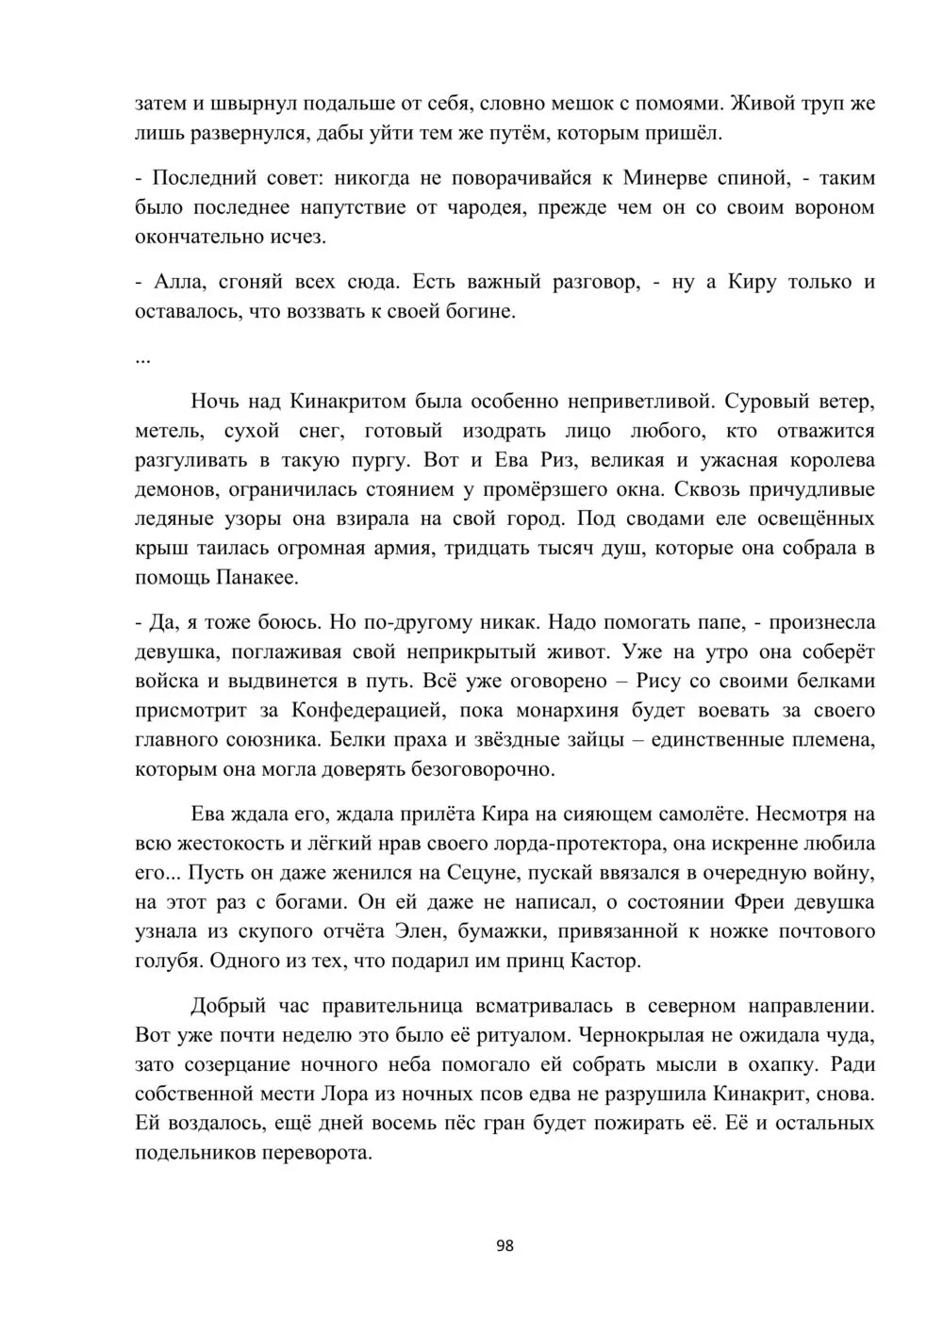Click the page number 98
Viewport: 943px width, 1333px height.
[x=505, y=1245]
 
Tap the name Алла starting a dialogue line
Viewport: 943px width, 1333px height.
[x=174, y=281]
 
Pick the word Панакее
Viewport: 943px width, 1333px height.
[x=256, y=577]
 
